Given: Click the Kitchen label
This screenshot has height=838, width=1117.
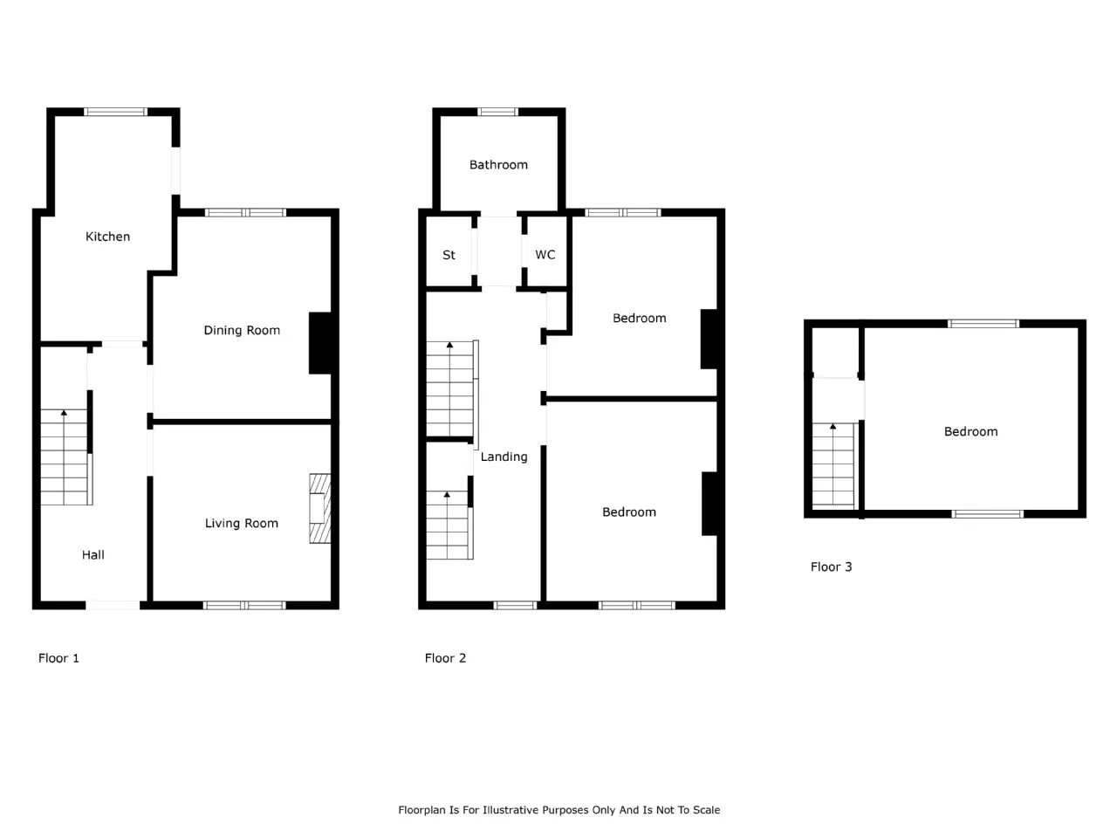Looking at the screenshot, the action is (x=107, y=237).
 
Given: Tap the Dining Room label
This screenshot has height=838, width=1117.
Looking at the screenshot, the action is (x=242, y=330).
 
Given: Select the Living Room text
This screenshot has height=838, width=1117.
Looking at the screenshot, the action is (x=241, y=524).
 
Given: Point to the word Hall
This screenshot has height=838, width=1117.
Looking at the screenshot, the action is (x=93, y=555).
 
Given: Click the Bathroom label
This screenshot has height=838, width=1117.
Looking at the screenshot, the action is (x=498, y=165).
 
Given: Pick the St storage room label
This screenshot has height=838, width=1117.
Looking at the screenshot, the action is (x=449, y=255).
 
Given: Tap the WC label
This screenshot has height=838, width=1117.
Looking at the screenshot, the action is (x=545, y=254).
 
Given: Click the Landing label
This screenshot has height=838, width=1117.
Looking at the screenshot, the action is (x=504, y=457).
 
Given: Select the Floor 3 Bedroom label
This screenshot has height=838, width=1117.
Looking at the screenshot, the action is (x=970, y=432).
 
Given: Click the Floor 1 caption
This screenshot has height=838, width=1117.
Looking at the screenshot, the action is (x=58, y=658).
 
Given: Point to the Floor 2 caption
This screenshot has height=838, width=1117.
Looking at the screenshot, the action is (x=445, y=658).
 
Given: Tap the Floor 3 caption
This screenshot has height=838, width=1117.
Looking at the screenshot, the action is (x=831, y=567).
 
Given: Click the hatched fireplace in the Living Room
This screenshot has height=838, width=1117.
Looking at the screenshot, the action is (x=320, y=509).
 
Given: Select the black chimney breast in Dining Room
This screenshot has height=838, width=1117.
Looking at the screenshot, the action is (x=320, y=343).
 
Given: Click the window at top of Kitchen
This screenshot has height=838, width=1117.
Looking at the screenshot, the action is (x=115, y=112).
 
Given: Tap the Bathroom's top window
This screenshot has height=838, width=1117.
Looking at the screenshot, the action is (x=497, y=112).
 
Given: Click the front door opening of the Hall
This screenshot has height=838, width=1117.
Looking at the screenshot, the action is (x=113, y=606).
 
